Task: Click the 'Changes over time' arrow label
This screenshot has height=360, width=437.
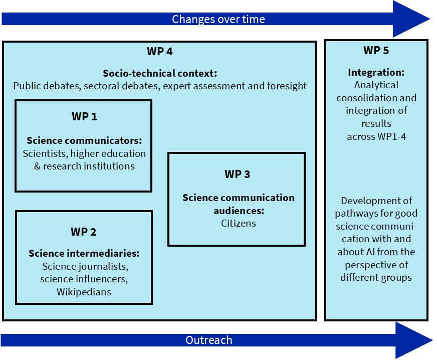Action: (x=218, y=20)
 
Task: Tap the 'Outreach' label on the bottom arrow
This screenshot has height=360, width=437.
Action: (x=209, y=340)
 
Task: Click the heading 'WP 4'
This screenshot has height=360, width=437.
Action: (x=160, y=51)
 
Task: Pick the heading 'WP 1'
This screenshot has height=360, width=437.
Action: (x=84, y=117)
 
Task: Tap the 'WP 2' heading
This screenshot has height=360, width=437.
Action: (x=84, y=232)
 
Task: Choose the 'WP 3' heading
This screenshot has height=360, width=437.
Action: (x=237, y=174)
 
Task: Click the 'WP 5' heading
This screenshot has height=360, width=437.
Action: (x=376, y=51)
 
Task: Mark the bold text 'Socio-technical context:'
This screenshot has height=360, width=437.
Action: (x=160, y=73)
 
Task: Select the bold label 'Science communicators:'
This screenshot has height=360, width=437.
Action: (x=84, y=140)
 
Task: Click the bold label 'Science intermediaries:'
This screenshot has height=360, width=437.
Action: (x=84, y=253)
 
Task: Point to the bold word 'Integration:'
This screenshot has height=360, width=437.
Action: (x=376, y=72)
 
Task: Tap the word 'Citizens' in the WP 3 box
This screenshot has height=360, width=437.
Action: (x=239, y=223)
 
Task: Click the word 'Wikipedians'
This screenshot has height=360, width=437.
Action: (x=84, y=291)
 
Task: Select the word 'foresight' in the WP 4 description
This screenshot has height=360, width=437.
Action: (x=284, y=86)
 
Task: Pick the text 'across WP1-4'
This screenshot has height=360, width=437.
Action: (x=376, y=136)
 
